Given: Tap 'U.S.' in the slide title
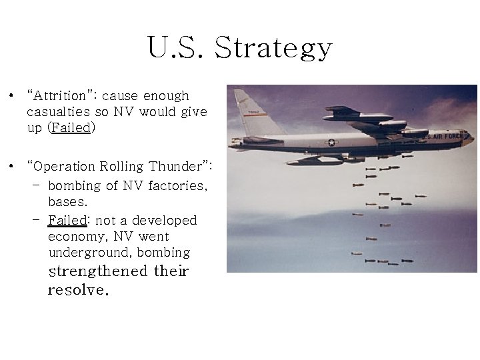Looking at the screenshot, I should point(177,48).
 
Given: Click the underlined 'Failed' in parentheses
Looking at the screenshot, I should point(71,128).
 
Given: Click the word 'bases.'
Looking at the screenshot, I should point(68,201).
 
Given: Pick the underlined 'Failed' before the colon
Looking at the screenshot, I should point(67,220).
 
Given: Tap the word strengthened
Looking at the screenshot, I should point(98,271).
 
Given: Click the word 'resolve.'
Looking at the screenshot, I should point(78,291).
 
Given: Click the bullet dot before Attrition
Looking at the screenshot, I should point(13,97).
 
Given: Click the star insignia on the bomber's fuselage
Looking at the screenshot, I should point(331,142).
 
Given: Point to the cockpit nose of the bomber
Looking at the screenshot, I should point(467,138).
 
